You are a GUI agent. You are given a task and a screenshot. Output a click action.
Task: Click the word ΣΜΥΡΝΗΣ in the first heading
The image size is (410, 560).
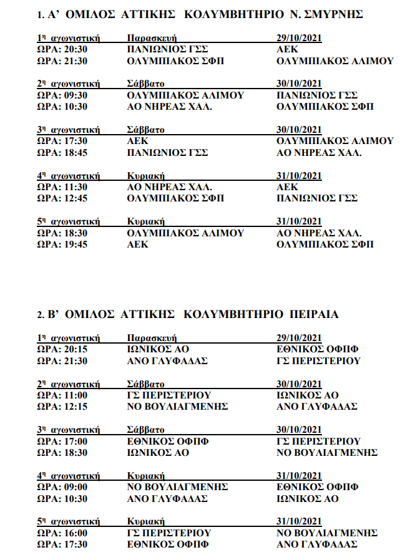pos(331,14)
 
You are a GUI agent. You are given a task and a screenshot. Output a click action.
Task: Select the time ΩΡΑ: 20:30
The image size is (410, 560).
pos(62,49)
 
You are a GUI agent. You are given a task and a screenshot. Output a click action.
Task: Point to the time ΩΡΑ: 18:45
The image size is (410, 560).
pos(62,152)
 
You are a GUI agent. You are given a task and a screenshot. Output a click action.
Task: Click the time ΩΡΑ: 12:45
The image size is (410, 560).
pos(62,198)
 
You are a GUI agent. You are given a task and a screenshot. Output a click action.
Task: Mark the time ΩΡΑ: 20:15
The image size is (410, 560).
pos(62,349)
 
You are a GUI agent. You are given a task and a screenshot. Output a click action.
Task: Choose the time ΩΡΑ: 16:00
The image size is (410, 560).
pos(62,533)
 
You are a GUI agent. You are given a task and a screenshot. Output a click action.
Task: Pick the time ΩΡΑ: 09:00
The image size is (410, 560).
pos(62,487)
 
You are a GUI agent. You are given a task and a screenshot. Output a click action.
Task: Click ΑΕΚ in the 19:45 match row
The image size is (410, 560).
pos(137,244)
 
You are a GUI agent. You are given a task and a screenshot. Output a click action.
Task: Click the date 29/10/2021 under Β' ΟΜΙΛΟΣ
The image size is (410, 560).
pos(299,338)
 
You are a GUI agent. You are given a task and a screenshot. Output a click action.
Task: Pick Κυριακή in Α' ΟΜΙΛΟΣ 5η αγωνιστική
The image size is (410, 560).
pos(145,221)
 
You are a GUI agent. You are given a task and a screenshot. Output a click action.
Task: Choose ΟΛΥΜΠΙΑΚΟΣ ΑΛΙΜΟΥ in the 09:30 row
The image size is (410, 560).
pos(185,95)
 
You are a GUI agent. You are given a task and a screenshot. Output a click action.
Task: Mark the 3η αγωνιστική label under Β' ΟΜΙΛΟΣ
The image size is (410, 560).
pos(69,430)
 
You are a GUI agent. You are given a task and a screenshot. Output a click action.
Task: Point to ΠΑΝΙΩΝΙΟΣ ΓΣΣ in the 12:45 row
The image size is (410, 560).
pos(316,198)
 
